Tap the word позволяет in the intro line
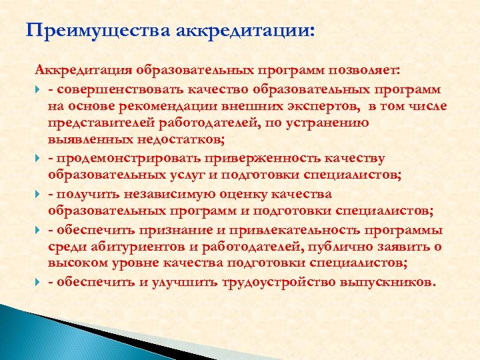pyautogui.click(x=363, y=71)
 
